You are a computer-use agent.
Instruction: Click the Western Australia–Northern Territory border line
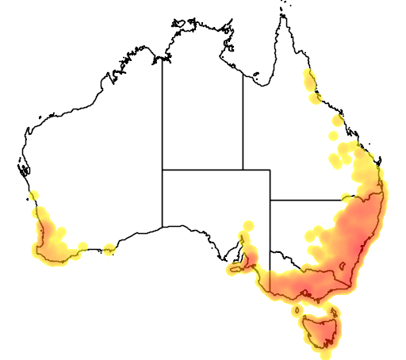point(163,119)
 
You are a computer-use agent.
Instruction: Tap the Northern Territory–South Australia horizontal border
point(202,169)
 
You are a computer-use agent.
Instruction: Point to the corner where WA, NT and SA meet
point(163,169)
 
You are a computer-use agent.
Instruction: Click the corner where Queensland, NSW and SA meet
point(270,199)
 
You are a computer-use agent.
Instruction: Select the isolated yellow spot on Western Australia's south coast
point(109,250)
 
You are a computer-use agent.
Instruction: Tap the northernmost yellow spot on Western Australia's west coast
point(33,196)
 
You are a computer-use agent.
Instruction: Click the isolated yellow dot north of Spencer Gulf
point(247,225)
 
